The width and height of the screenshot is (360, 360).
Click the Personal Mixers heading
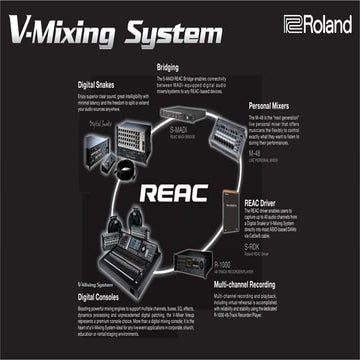[274, 105]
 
